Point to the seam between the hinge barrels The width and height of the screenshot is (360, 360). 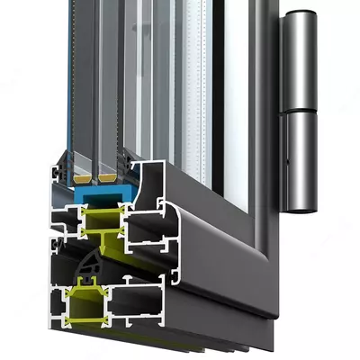point(300,110)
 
